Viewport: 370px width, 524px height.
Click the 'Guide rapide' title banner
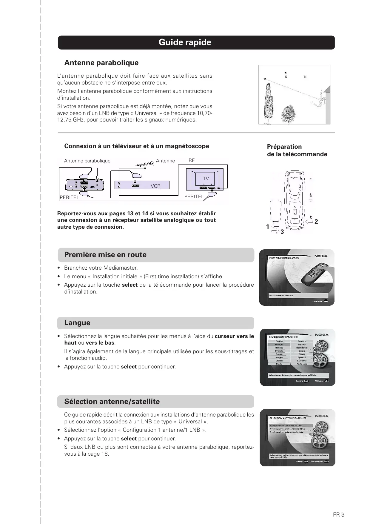coord(185,42)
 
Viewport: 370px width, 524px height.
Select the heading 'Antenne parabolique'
coord(101,63)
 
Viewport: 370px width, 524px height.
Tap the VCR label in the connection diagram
coord(155,186)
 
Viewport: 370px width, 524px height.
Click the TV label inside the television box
coord(206,179)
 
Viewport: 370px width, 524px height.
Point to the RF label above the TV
coord(192,161)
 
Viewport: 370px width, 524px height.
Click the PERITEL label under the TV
coord(194,196)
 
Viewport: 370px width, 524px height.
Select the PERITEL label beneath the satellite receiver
coord(70,198)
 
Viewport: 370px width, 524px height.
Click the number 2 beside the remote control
coord(316,222)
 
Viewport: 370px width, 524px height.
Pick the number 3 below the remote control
coord(282,232)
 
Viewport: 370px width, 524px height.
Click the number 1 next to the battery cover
coord(268,227)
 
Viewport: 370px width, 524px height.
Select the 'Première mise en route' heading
coord(105,255)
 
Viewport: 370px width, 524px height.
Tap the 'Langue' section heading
coord(77,323)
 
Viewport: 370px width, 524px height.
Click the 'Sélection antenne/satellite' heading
coord(112,402)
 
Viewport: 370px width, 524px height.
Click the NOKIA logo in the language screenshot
coord(322,335)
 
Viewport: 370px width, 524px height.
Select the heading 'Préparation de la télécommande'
coord(297,150)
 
